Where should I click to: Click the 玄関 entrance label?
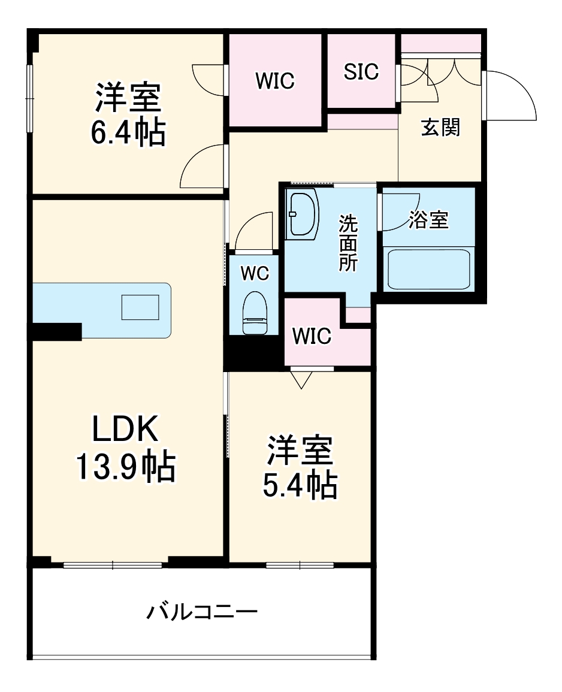pyautogui.click(x=440, y=128)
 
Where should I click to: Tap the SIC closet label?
pyautogui.click(x=361, y=72)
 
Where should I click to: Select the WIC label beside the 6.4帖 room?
pyautogui.click(x=275, y=81)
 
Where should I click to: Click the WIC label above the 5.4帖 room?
pyautogui.click(x=311, y=337)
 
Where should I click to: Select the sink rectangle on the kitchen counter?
pyautogui.click(x=140, y=307)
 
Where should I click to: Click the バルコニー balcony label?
pyautogui.click(x=203, y=612)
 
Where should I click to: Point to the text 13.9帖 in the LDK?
pyautogui.click(x=125, y=467)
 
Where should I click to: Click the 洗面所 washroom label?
pyautogui.click(x=348, y=243)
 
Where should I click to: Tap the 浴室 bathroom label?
pyautogui.click(x=428, y=220)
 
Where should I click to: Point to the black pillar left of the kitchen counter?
pyautogui.click(x=57, y=331)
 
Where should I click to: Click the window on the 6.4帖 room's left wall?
pyautogui.click(x=29, y=96)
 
